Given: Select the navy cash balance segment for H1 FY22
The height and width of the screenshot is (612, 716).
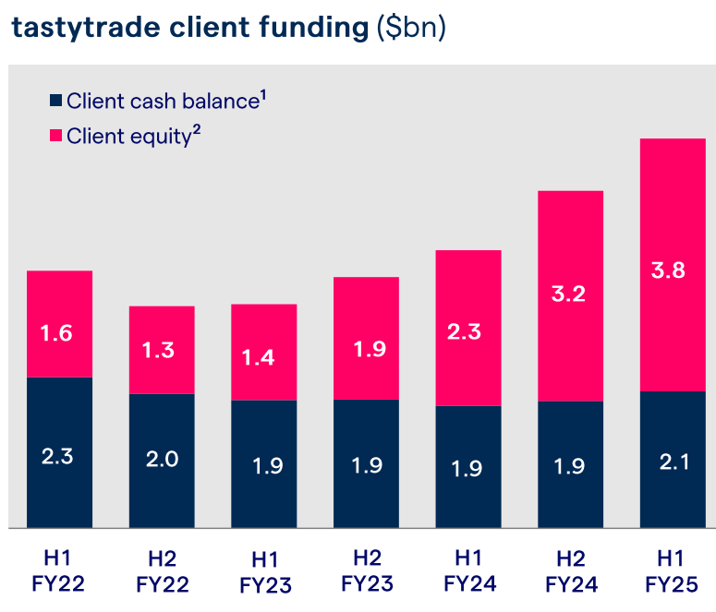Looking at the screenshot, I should point(59,452).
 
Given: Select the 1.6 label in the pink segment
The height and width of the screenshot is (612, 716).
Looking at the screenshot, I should point(59,333).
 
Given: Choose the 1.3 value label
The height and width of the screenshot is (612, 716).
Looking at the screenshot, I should point(162,350).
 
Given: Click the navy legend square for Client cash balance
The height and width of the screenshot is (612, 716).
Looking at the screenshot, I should point(55,102).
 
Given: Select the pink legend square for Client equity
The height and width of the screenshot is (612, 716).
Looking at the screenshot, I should point(55,137).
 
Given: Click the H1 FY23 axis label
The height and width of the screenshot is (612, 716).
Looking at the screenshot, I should point(264,571).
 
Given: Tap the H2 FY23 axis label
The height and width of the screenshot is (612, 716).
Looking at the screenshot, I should point(367,570).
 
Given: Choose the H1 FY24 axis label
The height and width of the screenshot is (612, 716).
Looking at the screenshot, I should point(469,570).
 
